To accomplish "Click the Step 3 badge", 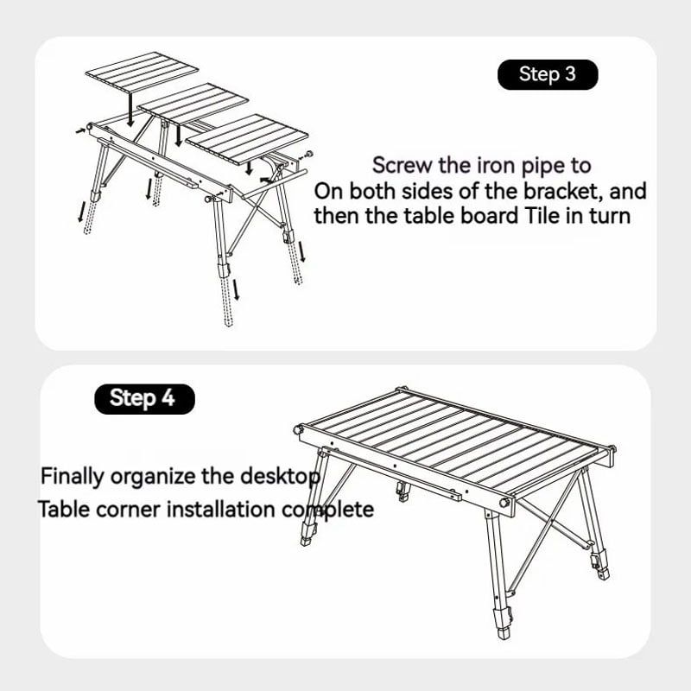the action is tap(548, 74).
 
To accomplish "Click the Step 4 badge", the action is tap(144, 398).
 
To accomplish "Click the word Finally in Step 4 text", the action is tap(73, 477).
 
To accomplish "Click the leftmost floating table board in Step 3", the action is tap(142, 72).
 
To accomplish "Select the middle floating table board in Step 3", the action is tap(193, 103).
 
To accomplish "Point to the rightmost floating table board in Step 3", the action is tap(247, 139).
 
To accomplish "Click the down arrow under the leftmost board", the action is tap(130, 110).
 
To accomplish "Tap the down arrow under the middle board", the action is tap(178, 136).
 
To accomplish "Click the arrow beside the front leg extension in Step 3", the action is tap(237, 289).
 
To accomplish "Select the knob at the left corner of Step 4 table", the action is tap(299, 428).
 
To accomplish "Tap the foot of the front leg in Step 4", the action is tap(503, 633).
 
